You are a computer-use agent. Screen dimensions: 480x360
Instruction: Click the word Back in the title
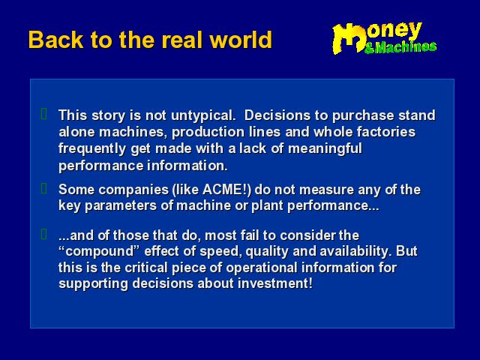(55, 40)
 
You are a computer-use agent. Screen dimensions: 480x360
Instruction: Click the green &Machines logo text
(400, 47)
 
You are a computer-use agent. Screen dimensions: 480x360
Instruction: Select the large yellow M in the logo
(349, 39)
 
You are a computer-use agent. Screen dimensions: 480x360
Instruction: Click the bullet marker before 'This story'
(44, 113)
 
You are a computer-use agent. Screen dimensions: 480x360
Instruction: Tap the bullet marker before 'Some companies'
(44, 188)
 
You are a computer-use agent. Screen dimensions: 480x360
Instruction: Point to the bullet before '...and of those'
(44, 234)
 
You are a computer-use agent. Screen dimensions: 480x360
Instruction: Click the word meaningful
(325, 149)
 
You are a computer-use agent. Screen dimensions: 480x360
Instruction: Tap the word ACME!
(226, 190)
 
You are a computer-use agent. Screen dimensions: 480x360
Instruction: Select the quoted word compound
(99, 252)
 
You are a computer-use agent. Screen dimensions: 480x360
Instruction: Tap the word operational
(262, 268)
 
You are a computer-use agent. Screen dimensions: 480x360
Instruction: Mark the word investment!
(275, 283)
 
